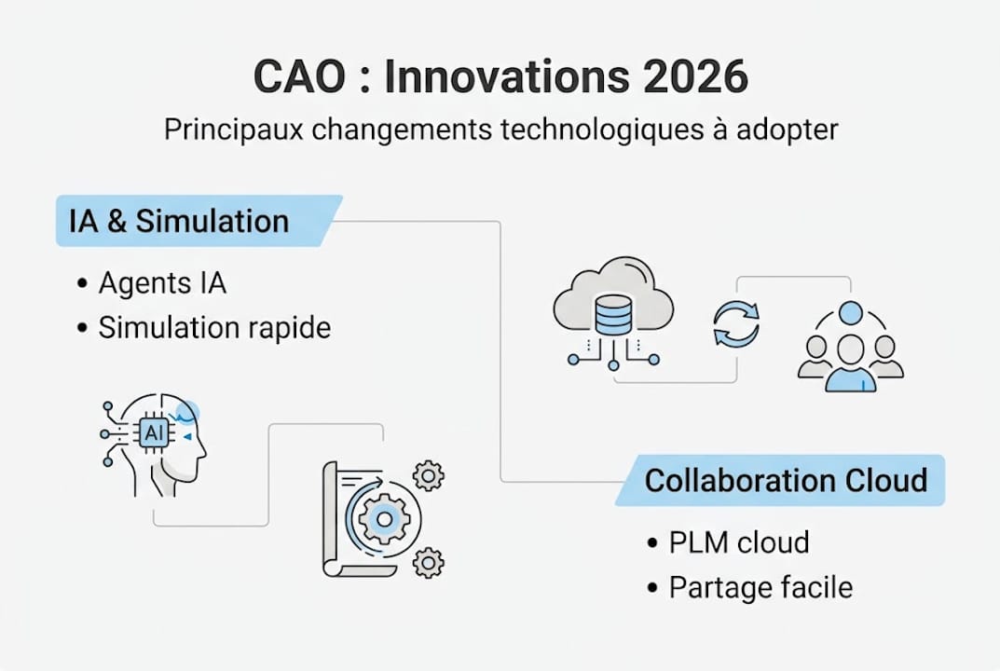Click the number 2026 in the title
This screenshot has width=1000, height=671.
tap(695, 76)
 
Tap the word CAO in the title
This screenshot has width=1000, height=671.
tap(299, 76)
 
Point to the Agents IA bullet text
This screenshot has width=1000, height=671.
tap(162, 282)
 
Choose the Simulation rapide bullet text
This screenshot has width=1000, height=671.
tap(215, 328)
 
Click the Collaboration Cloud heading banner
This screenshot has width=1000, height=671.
tap(780, 480)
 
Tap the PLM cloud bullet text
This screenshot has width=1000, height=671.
tap(739, 542)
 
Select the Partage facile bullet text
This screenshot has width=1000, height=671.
tap(760, 587)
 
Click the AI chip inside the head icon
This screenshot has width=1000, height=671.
tap(155, 433)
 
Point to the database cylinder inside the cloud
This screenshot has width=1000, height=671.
tap(613, 314)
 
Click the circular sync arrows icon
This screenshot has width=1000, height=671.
tap(736, 324)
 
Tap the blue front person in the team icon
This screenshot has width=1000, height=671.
tap(851, 364)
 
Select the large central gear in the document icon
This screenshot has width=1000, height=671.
tap(385, 519)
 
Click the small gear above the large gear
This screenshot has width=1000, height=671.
tap(429, 476)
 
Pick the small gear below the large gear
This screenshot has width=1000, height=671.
tap(429, 563)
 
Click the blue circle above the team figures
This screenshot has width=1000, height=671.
tap(851, 313)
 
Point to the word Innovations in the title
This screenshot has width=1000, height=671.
tap(507, 76)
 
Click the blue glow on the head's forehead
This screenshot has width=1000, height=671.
tap(187, 413)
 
